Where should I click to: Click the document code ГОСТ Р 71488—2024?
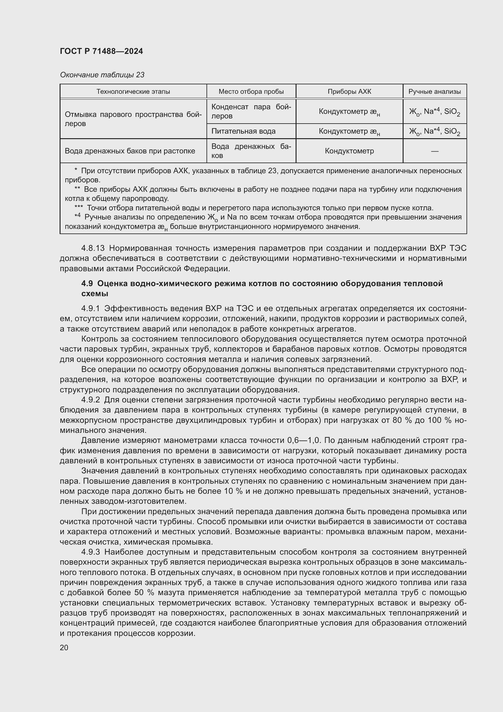point(101,51)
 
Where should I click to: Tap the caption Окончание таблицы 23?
point(102,75)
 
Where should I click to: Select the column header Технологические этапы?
point(133,92)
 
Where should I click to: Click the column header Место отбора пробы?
point(251,92)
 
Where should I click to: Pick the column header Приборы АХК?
point(349,92)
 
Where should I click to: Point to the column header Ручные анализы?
point(434,92)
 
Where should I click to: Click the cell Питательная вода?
point(243,131)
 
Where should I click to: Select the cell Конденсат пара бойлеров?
point(251,111)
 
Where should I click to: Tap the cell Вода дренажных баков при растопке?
point(130,151)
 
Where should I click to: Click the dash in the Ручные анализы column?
point(435,151)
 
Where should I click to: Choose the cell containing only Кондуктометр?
point(349,151)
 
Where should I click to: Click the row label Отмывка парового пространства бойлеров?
point(133,119)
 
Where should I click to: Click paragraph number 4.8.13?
point(93,248)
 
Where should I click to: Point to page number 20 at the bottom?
point(64,647)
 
